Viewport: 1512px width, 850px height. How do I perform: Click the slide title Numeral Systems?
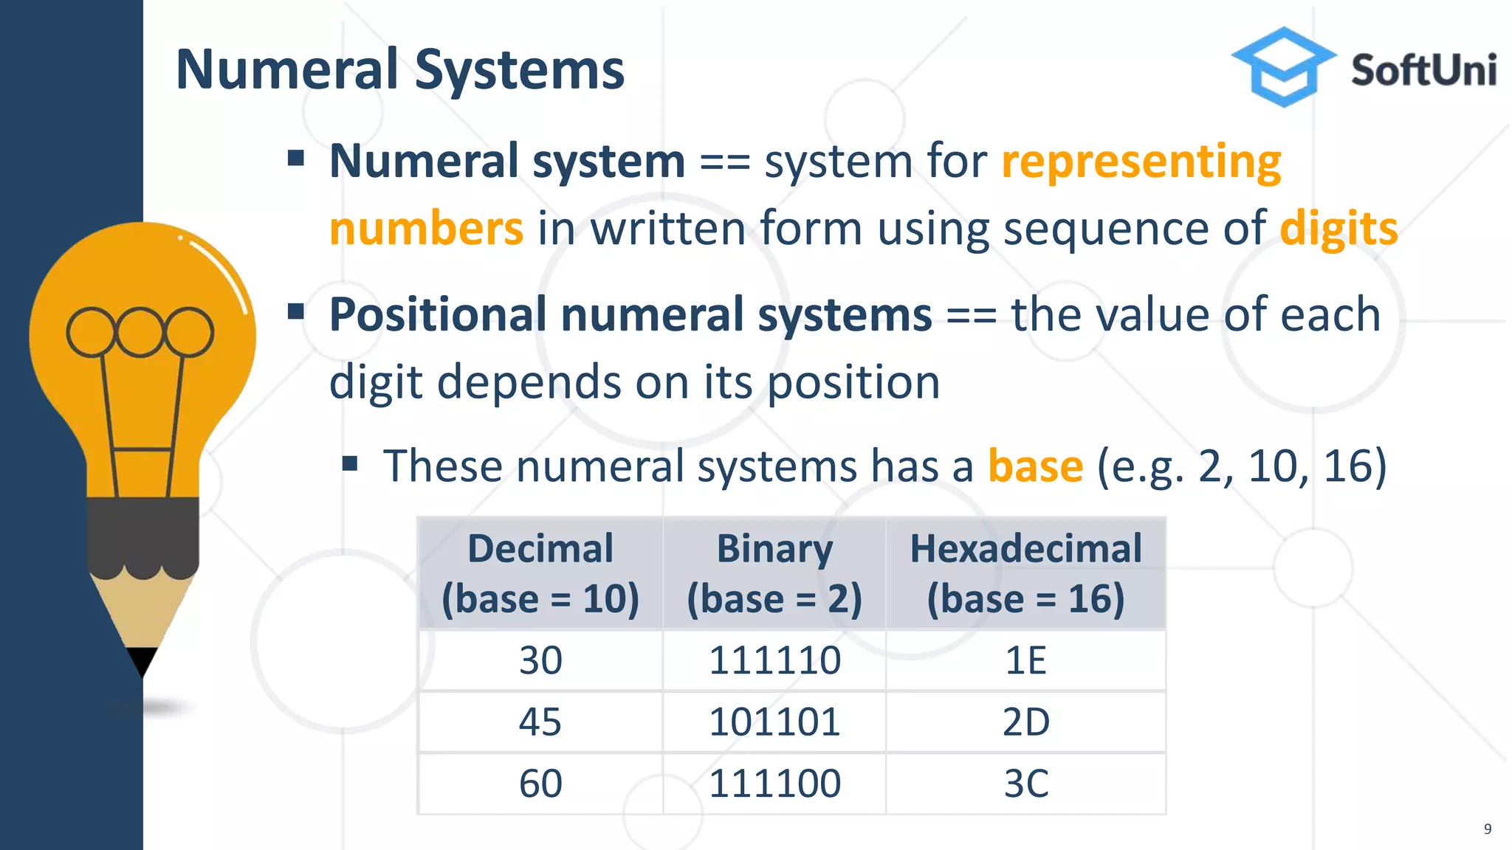(400, 70)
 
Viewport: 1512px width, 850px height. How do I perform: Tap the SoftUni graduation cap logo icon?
(1284, 66)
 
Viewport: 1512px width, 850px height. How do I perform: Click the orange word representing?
(1141, 162)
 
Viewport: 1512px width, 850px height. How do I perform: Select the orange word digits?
(1339, 229)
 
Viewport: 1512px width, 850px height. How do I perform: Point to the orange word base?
(1035, 466)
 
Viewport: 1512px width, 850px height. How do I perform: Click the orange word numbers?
(426, 229)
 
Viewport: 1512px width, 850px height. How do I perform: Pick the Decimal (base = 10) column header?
(540, 573)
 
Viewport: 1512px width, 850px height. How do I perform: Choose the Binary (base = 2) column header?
(774, 573)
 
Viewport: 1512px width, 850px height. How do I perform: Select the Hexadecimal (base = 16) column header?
(1025, 573)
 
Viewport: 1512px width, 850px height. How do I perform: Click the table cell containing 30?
(540, 660)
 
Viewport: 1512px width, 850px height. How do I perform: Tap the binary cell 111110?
(774, 660)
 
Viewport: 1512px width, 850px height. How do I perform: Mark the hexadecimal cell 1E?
(1025, 660)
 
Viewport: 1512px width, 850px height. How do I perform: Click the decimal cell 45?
(540, 722)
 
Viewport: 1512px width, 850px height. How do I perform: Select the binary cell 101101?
(774, 722)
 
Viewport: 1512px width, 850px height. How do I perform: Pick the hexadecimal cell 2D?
(1025, 722)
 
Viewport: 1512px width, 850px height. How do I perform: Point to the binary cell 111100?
(774, 784)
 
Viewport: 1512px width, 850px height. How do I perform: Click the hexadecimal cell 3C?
(1025, 784)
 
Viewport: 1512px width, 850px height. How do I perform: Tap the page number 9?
(1488, 829)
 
